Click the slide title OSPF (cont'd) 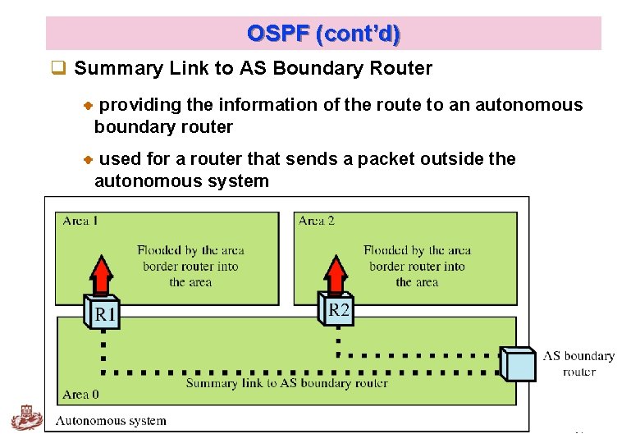pos(323,34)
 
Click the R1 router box pos(103,313)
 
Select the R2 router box pos(337,309)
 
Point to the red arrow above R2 pos(336,274)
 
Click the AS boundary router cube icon pos(519,364)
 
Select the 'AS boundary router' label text pos(578,363)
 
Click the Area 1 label pos(80,221)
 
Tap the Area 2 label pos(317,221)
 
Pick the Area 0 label pos(80,395)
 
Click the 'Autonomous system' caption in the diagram pos(111,421)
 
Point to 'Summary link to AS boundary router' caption pos(286,383)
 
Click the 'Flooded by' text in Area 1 pos(190,250)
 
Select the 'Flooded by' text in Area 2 pos(417,250)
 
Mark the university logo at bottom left pos(26,418)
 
